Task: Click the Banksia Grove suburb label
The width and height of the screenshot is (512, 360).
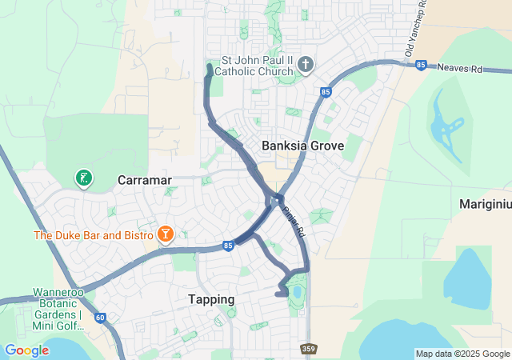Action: click(x=302, y=146)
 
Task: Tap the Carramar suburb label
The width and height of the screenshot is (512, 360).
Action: click(x=145, y=180)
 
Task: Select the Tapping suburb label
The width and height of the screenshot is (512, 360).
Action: click(x=211, y=299)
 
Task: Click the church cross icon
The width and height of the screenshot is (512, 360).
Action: click(x=304, y=64)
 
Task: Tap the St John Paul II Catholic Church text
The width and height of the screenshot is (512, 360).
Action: click(x=258, y=65)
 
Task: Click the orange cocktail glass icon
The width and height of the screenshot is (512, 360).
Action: click(x=165, y=234)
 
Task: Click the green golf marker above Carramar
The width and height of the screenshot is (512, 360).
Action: click(x=82, y=178)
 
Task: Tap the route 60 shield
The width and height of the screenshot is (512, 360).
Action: click(x=99, y=318)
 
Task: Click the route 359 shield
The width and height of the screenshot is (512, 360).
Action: click(x=309, y=349)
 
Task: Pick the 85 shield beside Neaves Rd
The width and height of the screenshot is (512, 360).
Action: click(x=421, y=65)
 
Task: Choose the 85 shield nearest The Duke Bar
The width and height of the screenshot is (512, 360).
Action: click(x=228, y=246)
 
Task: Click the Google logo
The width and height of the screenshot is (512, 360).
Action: click(x=26, y=350)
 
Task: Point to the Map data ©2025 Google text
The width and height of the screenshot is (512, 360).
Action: click(x=462, y=354)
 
